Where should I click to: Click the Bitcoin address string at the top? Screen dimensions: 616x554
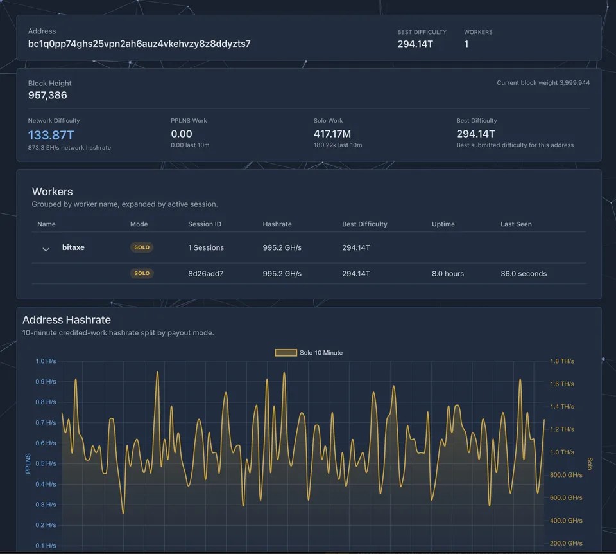click(x=139, y=44)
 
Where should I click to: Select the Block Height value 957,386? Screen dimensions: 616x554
click(x=47, y=95)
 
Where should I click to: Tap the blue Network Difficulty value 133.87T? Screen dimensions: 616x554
click(x=51, y=135)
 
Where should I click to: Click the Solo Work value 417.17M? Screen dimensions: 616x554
click(x=332, y=134)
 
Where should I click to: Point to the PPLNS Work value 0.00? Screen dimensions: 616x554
click(x=182, y=134)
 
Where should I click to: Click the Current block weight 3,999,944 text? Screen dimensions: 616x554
click(x=543, y=83)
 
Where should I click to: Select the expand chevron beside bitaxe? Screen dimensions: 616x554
click(x=46, y=249)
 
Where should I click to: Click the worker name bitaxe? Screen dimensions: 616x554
click(x=73, y=247)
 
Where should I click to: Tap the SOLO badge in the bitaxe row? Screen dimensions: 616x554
click(x=142, y=247)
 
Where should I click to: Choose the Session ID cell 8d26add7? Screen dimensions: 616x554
click(x=206, y=273)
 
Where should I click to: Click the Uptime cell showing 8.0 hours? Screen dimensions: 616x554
click(x=448, y=273)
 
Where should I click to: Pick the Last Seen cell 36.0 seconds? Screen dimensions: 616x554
click(x=524, y=273)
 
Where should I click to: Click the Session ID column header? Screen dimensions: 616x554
click(x=205, y=224)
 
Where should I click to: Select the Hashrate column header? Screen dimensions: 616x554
click(x=277, y=224)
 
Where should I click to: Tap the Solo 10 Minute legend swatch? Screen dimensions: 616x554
click(x=286, y=353)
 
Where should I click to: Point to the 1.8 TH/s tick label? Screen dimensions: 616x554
click(x=562, y=361)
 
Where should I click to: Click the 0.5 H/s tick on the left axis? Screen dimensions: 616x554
click(x=46, y=463)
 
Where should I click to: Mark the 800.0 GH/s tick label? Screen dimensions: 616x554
click(x=566, y=475)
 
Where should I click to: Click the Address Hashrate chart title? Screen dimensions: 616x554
click(x=66, y=320)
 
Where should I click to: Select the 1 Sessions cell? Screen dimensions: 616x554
click(x=206, y=247)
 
